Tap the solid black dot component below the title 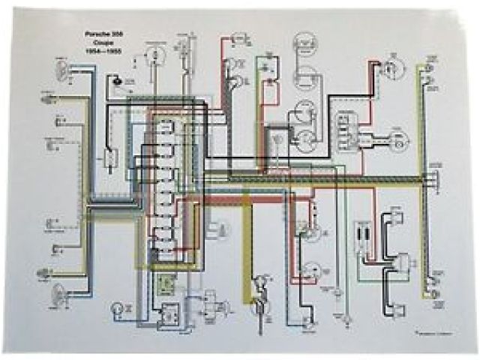(x=116, y=78)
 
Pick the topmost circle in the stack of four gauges (x=304, y=43)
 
